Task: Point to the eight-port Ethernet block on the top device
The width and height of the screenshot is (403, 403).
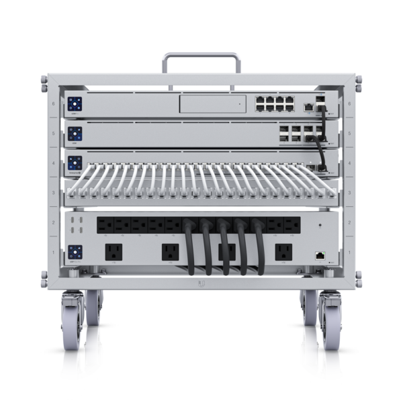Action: click(273, 103)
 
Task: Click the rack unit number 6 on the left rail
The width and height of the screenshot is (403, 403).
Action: click(53, 104)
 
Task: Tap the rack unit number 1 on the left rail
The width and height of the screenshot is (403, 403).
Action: click(53, 253)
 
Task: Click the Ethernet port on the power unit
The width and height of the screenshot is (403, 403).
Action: click(320, 255)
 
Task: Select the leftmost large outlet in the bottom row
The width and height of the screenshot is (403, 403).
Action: click(112, 253)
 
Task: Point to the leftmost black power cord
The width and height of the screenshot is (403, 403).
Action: click(191, 249)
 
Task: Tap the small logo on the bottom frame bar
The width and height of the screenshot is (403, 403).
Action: click(201, 282)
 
